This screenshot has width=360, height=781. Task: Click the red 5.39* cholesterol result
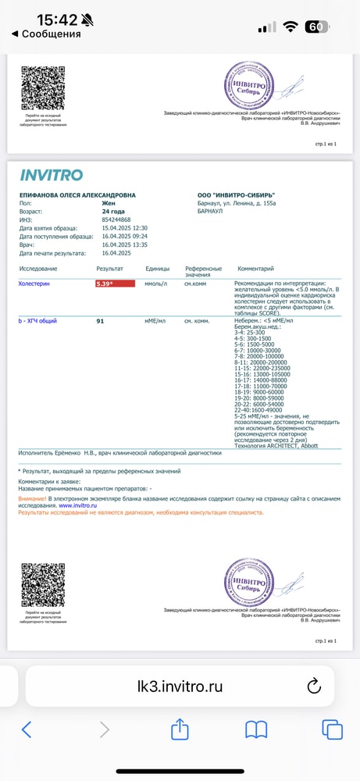[115, 284]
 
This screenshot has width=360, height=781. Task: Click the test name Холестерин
[34, 284]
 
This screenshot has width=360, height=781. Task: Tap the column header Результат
[109, 268]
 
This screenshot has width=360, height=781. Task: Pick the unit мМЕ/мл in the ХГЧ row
[156, 321]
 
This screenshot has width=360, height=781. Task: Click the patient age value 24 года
[114, 212]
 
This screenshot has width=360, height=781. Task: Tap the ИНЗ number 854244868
[116, 219]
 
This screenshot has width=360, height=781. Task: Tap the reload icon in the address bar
[314, 686]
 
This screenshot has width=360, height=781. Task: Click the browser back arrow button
[27, 729]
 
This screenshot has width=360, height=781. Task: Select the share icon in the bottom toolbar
[180, 729]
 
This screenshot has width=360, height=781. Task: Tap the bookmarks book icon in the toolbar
[256, 729]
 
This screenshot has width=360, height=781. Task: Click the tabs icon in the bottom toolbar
[332, 729]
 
